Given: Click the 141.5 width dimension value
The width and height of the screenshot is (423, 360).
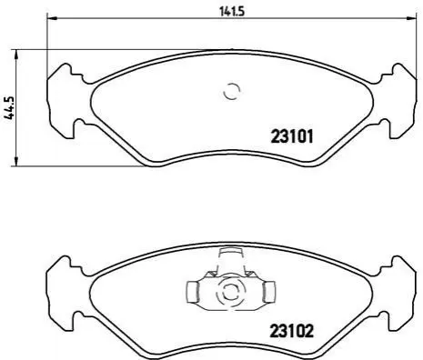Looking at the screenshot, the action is tap(232, 12).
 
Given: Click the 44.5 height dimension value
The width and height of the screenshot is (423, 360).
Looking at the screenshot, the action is tap(9, 108).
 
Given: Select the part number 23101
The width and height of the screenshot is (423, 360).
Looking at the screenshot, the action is tap(292, 136).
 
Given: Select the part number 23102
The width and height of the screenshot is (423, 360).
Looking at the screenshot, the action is tap(292, 331).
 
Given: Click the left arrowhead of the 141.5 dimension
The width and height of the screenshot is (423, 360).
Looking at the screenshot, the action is tap(52, 18).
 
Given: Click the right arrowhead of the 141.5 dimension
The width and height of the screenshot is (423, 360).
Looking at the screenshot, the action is tap(410, 18).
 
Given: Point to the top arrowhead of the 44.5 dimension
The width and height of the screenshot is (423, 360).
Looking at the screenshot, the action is tap(16, 55).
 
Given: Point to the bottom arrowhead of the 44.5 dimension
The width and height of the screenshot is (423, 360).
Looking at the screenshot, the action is tap(16, 161).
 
